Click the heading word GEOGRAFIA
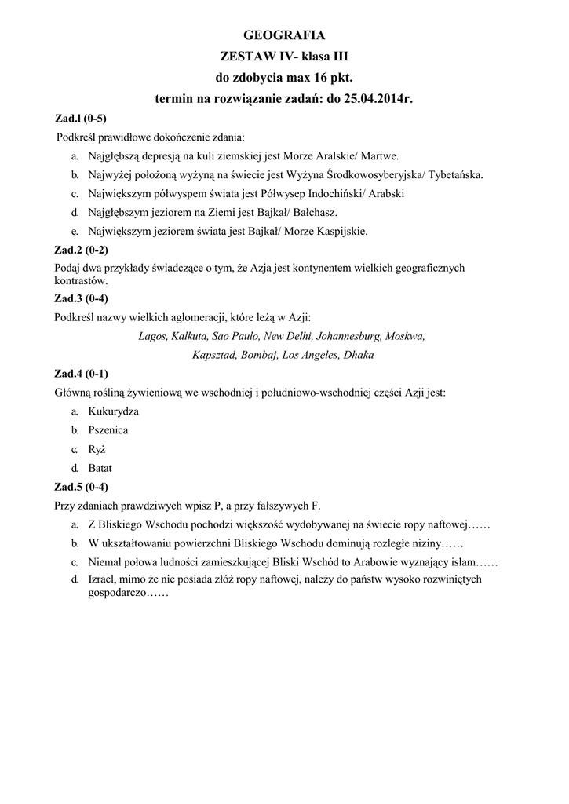[x=284, y=35]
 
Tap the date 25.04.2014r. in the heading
[x=378, y=99]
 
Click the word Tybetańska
[x=454, y=174]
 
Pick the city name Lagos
[x=152, y=336]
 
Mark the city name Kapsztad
[x=214, y=355]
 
